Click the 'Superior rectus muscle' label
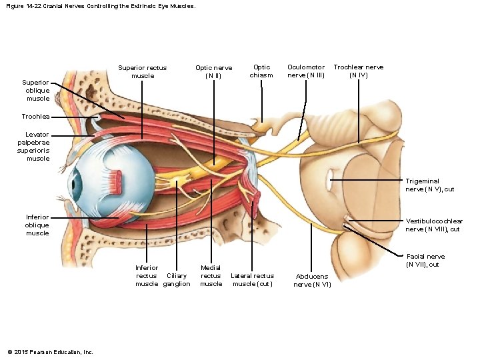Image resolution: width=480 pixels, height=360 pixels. (142, 71)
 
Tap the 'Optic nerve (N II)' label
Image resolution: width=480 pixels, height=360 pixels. (213, 71)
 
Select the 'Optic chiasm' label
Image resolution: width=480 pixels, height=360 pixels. (261, 71)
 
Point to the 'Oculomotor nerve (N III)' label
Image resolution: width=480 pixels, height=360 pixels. (306, 71)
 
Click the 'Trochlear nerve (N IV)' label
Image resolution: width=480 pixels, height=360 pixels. (358, 71)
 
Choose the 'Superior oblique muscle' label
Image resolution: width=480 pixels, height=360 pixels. (37, 91)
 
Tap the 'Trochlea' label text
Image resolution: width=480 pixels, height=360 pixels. (35, 117)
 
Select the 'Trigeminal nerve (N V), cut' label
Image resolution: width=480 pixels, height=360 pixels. (429, 185)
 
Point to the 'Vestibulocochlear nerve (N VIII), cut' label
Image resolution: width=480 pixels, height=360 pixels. (434, 225)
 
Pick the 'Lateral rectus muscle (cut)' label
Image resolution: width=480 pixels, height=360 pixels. (252, 280)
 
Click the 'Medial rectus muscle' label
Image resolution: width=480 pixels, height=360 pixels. (211, 276)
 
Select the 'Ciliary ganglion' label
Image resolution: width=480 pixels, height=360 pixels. (177, 280)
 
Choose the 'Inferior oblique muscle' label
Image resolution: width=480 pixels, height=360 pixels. (37, 225)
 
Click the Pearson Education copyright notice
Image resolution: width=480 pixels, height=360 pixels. (50, 352)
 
